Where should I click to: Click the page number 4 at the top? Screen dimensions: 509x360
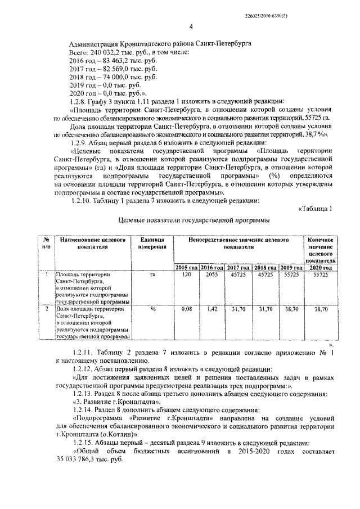(191, 26)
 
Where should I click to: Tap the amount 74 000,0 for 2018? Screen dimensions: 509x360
(112, 76)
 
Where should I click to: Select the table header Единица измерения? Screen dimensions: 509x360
(152, 244)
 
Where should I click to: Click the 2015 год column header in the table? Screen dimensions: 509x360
(187, 267)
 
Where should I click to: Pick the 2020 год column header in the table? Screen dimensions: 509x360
(321, 267)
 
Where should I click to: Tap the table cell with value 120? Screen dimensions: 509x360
(187, 274)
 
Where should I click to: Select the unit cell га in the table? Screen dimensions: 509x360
(152, 274)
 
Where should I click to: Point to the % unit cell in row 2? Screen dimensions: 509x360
(152, 309)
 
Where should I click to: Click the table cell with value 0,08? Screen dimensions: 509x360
(187, 309)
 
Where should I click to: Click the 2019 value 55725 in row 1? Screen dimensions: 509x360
(290, 274)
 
